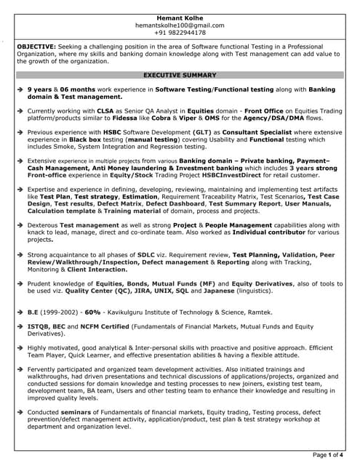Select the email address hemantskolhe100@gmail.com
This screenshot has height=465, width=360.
[x=180, y=25]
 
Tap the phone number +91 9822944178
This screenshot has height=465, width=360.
[x=180, y=33]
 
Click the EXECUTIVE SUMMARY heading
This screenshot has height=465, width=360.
[x=180, y=75]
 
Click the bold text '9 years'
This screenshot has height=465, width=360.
[x=41, y=89]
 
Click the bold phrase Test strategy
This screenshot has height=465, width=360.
[x=100, y=196]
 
